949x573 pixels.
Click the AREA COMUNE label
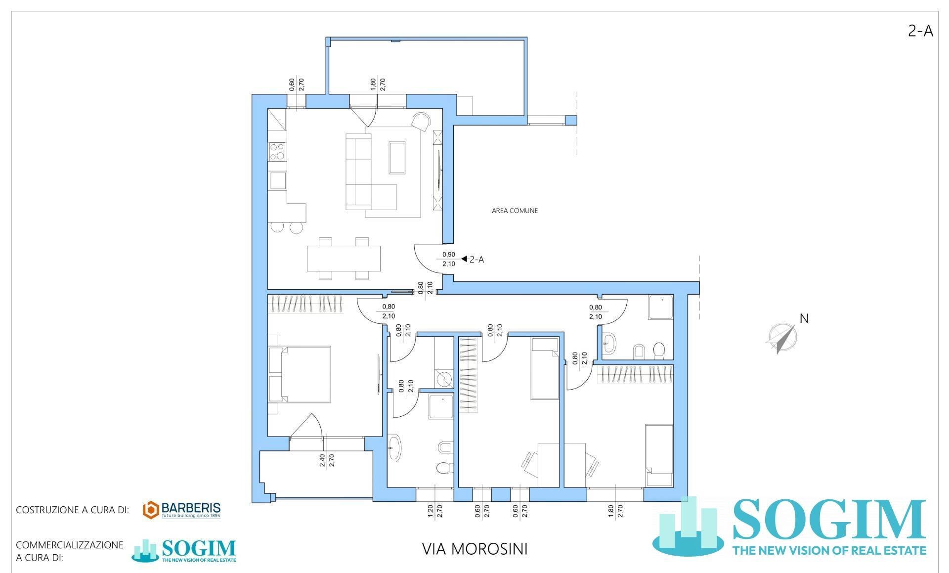[515, 211]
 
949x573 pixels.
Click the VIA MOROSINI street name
[474, 549]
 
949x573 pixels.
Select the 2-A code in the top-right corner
[920, 32]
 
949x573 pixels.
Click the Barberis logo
[181, 510]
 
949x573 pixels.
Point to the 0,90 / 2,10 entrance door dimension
[448, 259]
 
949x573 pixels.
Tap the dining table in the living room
[344, 259]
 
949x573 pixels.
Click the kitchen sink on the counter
[277, 180]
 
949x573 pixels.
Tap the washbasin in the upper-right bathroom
[608, 343]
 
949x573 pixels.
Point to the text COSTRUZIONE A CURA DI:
[72, 510]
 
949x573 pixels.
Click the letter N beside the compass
[804, 319]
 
